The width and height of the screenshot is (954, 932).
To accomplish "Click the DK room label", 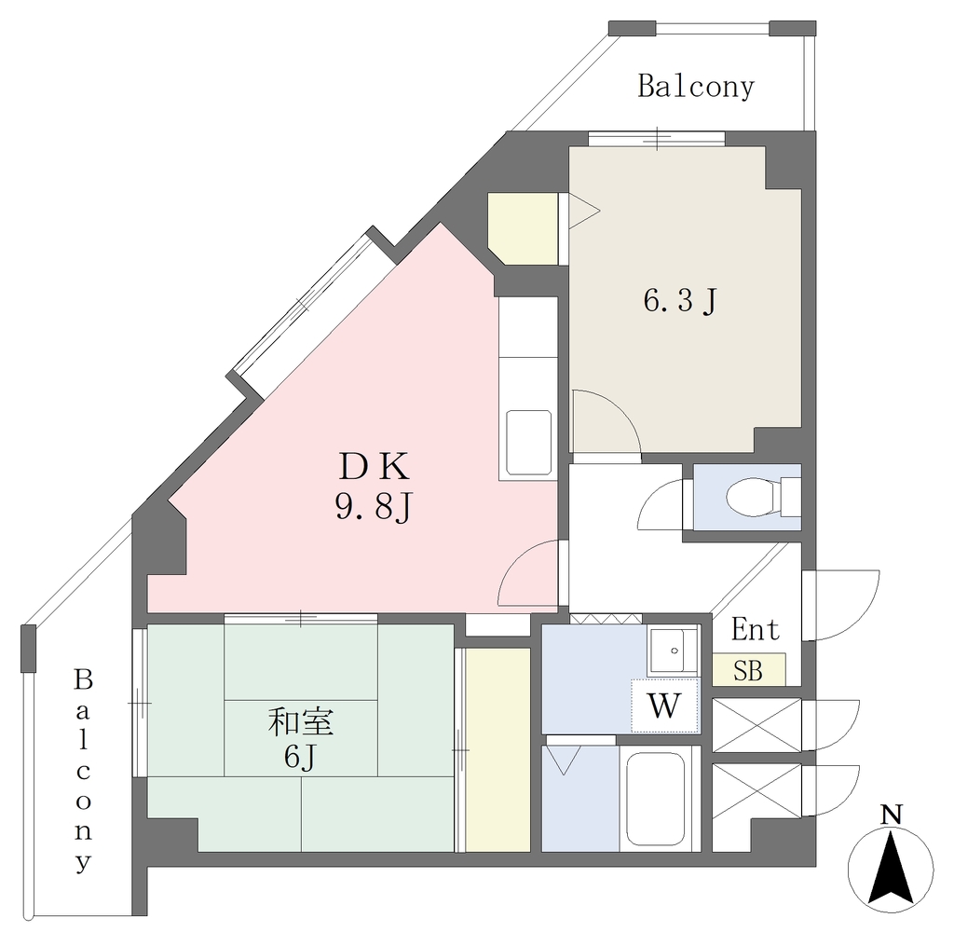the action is point(374,468).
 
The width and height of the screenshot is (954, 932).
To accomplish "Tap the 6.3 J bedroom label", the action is point(681,301).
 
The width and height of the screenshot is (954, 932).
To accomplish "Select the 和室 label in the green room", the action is point(301,722).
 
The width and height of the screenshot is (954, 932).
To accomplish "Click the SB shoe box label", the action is point(748,671).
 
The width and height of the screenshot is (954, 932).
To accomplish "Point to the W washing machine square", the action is point(664,706).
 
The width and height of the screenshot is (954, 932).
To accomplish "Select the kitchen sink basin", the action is point(529,443).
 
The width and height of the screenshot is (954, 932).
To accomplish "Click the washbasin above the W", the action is point(673,651).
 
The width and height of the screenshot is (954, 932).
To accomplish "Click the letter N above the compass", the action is point(892,815).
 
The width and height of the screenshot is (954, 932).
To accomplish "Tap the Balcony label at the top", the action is point(696,87).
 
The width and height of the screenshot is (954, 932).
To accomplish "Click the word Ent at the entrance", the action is point(756,629).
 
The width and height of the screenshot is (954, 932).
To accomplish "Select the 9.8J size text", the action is point(375,506).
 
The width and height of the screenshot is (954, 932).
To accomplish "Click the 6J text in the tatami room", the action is point(299,758).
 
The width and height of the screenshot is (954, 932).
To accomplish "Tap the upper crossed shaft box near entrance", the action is point(756,726).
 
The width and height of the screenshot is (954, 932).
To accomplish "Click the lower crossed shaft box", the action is point(756,790).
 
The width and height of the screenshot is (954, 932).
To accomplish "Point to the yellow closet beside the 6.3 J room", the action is point(524,229).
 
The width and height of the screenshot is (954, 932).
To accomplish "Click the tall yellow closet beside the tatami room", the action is point(497,750).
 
